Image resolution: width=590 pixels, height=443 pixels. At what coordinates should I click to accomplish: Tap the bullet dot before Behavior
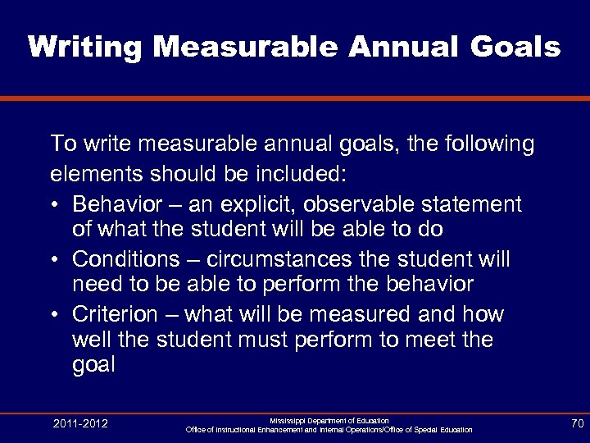click(x=55, y=203)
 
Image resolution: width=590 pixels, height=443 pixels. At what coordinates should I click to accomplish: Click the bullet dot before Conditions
click(x=55, y=260)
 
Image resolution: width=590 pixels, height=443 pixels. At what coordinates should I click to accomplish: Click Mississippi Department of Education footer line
click(x=329, y=420)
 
